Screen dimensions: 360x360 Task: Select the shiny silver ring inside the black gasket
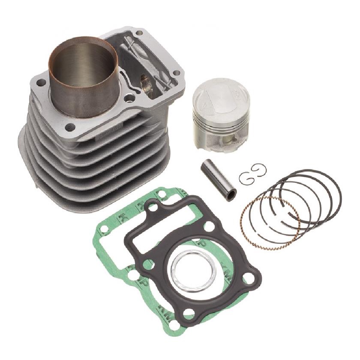[193, 267]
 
